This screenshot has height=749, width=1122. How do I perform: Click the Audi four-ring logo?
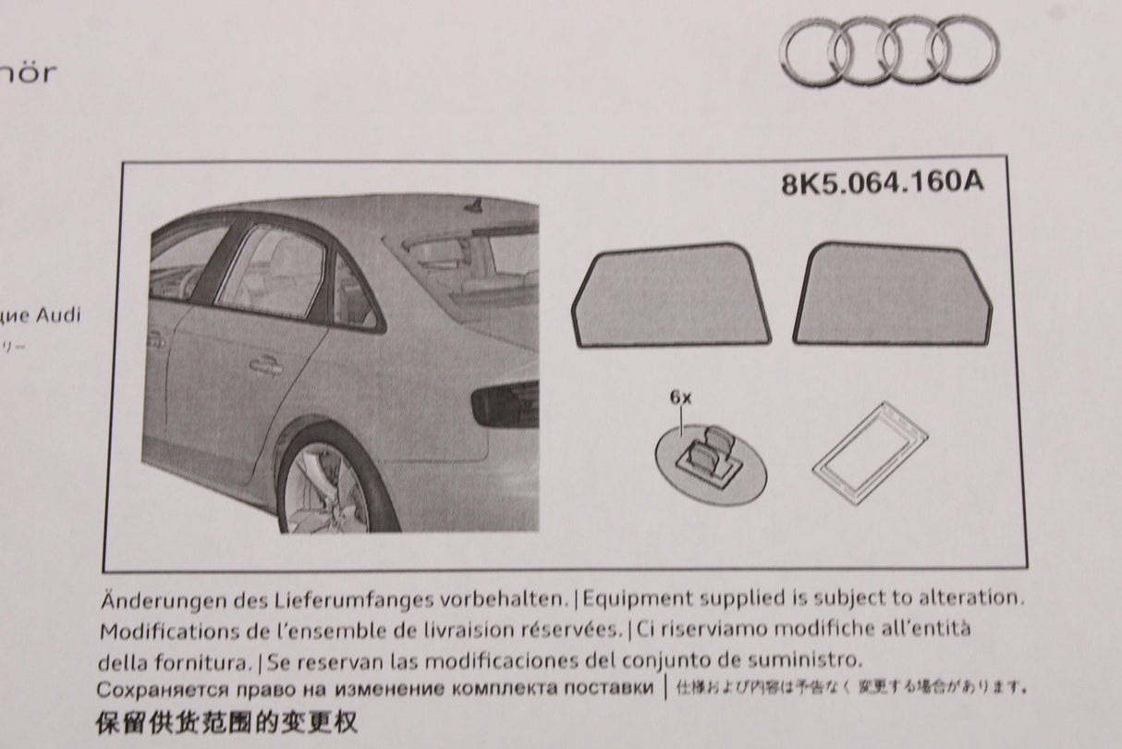[x=889, y=52]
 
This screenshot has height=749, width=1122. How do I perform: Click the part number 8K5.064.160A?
[x=882, y=182]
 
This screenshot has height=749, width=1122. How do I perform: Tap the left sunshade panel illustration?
[x=672, y=296]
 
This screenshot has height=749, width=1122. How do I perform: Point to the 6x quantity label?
[x=680, y=398]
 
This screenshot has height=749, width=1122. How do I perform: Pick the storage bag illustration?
[x=869, y=452]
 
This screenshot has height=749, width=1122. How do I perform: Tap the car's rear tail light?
[x=506, y=404]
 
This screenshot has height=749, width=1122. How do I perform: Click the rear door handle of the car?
[x=265, y=367]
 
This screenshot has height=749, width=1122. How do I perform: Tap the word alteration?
[x=971, y=598]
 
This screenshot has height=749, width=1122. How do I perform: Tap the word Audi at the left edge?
[x=59, y=315]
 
